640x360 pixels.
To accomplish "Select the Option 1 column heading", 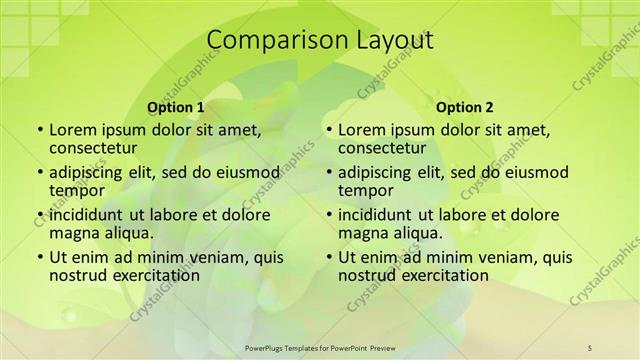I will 176,107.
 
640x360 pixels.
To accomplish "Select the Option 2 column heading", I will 465,107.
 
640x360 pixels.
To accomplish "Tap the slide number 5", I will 590,347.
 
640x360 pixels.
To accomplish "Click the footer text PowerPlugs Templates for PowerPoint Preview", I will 320,347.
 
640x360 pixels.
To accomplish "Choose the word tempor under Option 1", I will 77,190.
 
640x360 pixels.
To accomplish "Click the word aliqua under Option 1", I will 126,233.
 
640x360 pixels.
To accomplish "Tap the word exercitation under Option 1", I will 146,275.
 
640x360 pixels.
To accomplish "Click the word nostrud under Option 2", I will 369,275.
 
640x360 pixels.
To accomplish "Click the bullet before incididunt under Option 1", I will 39,215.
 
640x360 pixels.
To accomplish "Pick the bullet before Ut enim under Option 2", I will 328,257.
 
